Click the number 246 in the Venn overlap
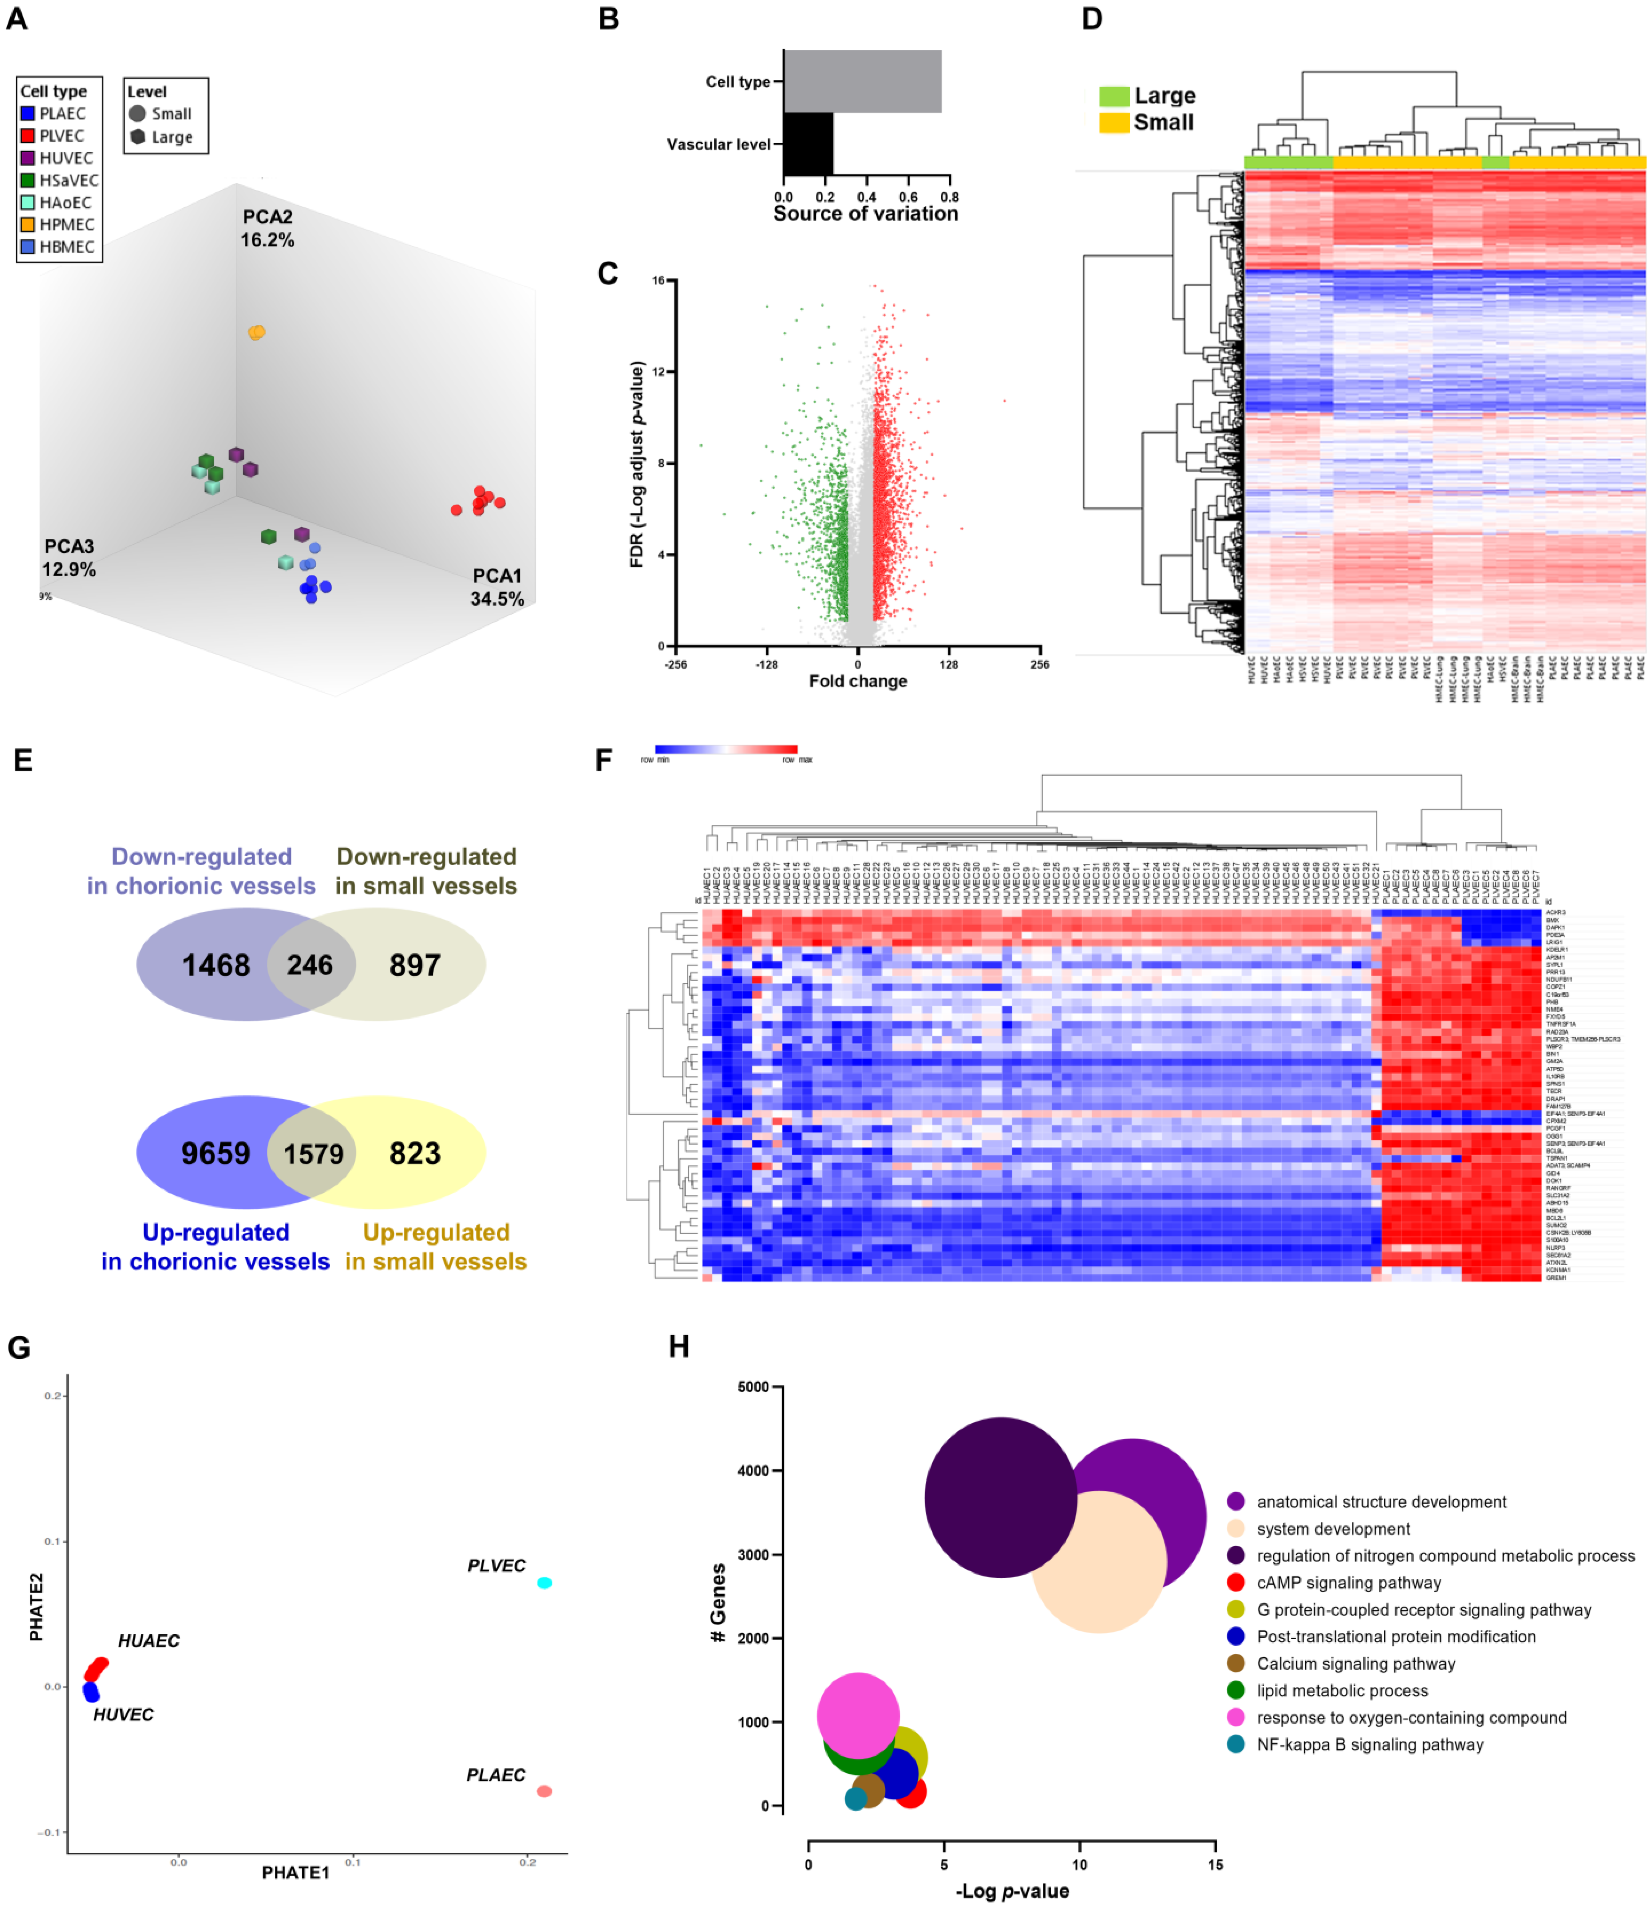[x=309, y=965]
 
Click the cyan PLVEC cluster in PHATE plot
[x=544, y=1583]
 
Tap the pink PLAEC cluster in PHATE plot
[x=544, y=1791]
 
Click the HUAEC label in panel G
[x=148, y=1641]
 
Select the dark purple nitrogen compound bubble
[x=1000, y=1498]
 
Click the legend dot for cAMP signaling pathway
[x=1235, y=1583]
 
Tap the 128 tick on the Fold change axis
[x=948, y=664]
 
